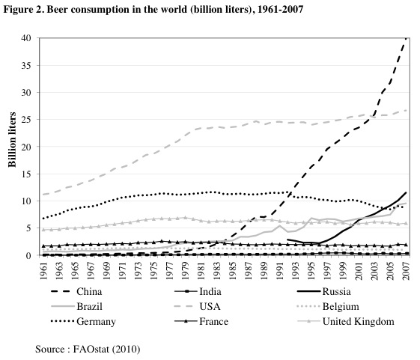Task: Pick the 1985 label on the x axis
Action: (x=234, y=270)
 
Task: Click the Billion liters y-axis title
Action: (x=13, y=146)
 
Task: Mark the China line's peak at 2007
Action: (x=407, y=38)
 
